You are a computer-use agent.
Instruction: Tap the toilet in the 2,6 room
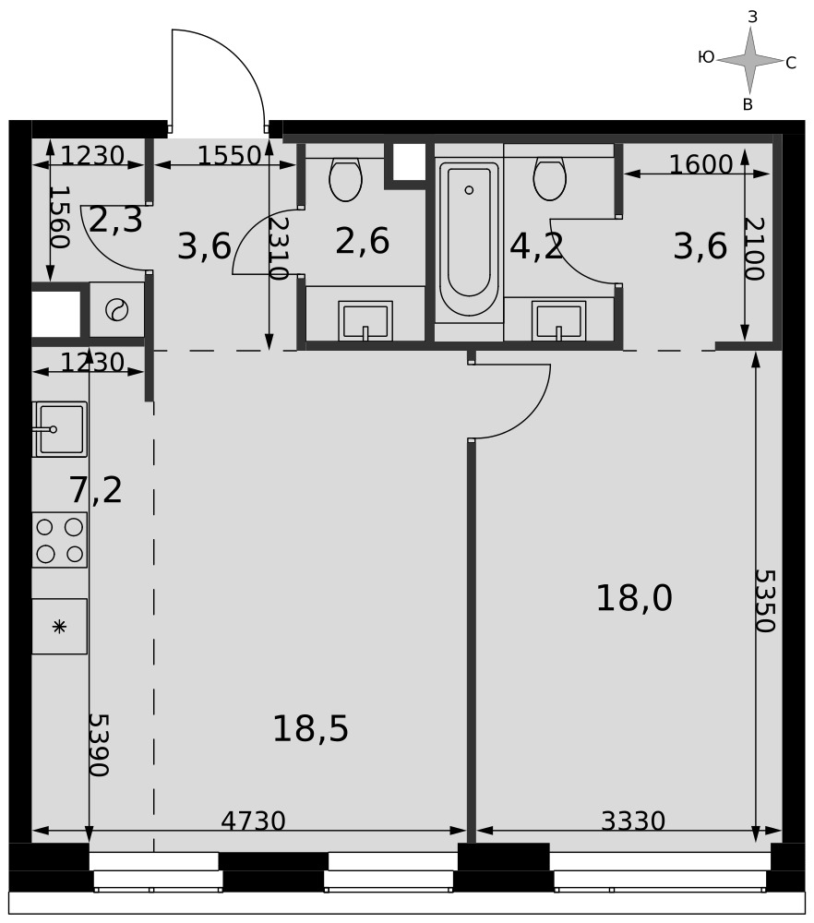point(345,178)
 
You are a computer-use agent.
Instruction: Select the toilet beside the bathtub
point(550,178)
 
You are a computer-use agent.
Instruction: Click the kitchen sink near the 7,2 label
point(60,429)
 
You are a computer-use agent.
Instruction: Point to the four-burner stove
point(59,540)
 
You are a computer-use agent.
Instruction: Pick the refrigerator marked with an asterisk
point(59,627)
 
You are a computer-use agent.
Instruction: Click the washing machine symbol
point(117,310)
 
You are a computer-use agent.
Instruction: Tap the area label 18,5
point(310,728)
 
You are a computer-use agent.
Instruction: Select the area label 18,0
point(634,598)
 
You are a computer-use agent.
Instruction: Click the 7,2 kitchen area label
point(96,490)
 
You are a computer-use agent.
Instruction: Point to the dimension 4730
point(253,821)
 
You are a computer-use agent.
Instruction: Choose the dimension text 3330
point(633,821)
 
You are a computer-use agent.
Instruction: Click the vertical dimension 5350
point(765,601)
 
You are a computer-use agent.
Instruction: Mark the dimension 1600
point(701,164)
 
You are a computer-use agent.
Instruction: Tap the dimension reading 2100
point(754,249)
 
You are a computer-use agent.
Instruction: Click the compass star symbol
point(749,61)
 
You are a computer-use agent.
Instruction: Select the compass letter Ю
point(706,57)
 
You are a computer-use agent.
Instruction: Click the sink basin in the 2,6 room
point(365,321)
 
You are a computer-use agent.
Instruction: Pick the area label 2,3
point(116,221)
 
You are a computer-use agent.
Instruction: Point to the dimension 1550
point(229,155)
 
